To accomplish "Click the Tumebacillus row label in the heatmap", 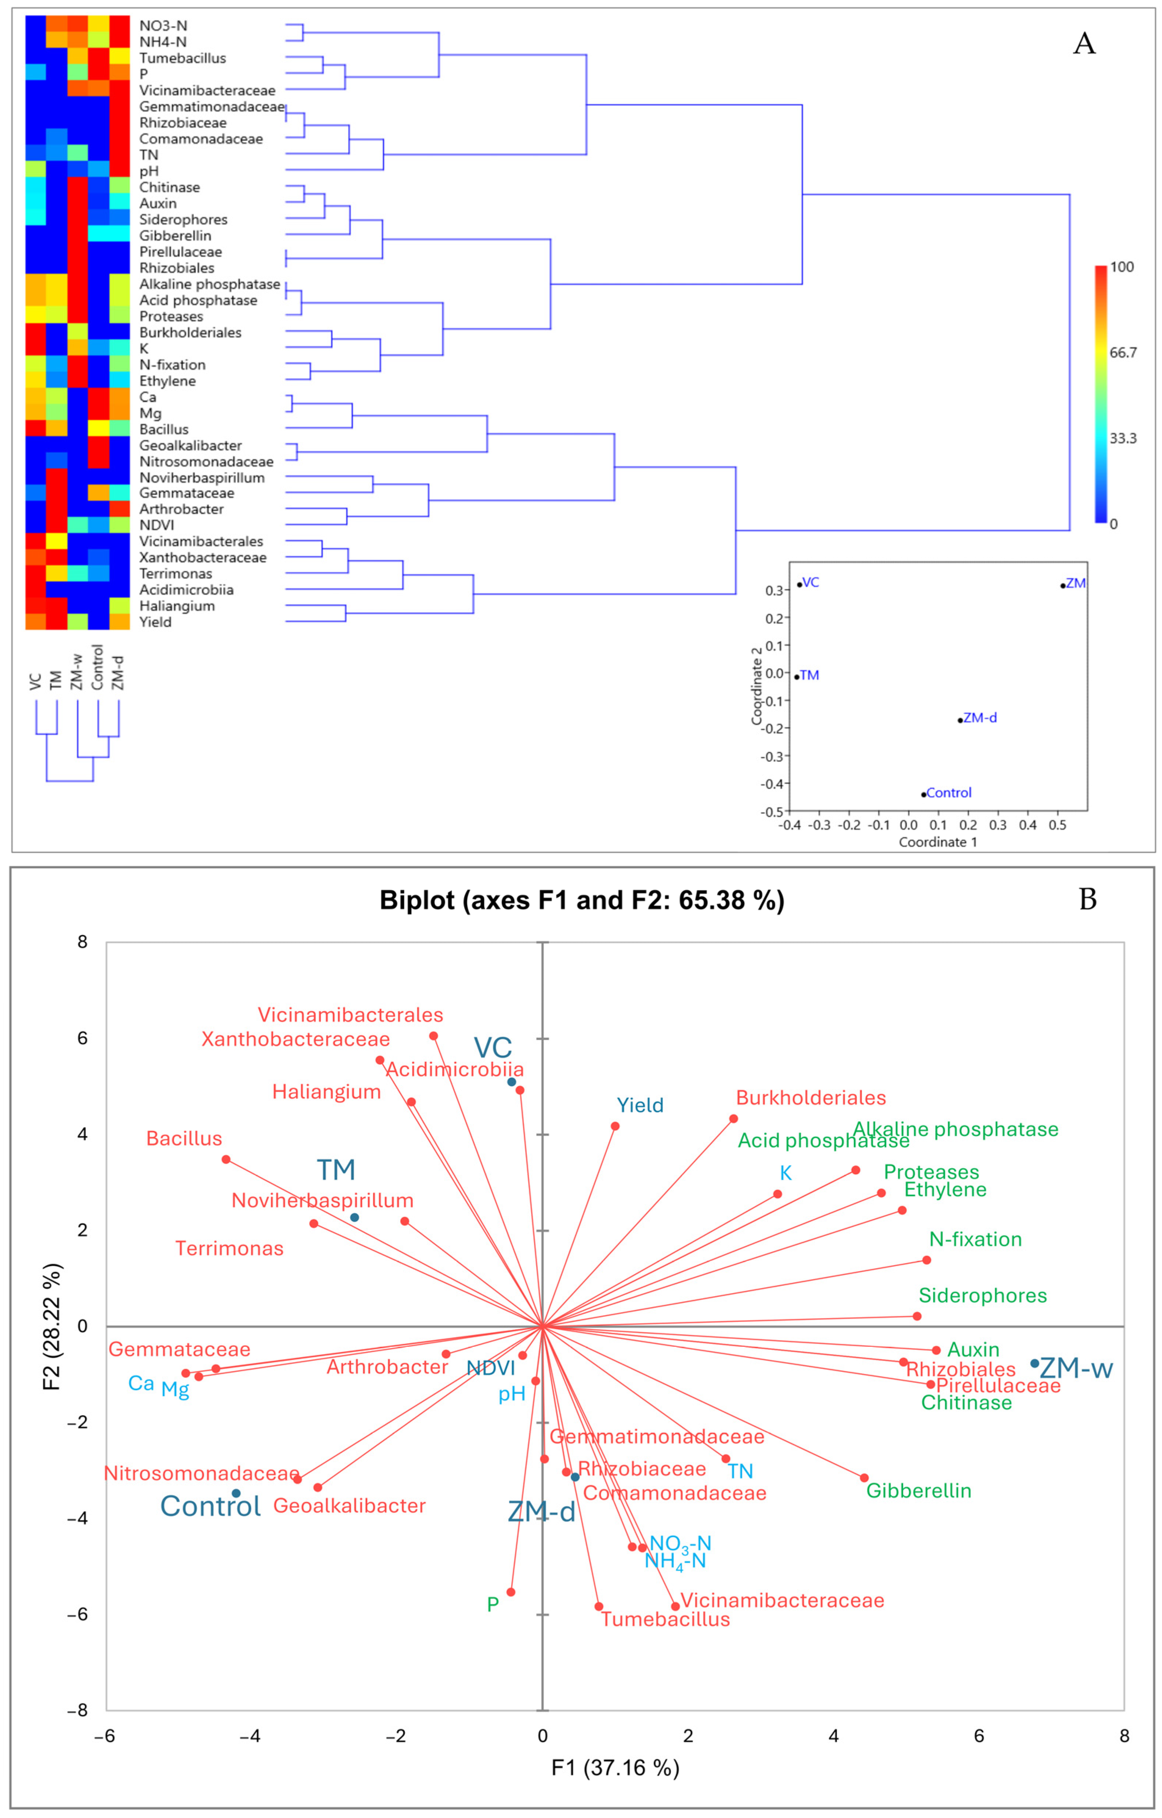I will click(x=182, y=58).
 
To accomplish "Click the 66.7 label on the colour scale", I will click(x=1123, y=353).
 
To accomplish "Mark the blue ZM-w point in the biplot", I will click(x=1035, y=1363).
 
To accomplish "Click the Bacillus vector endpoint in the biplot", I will click(x=226, y=1159).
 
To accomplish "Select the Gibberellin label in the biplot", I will click(x=918, y=1490).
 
